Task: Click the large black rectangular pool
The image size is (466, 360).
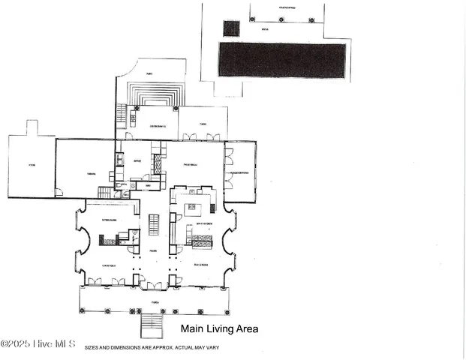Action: (282, 59)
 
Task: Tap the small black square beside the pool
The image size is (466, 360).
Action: (230, 28)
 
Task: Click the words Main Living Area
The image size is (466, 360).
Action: (220, 328)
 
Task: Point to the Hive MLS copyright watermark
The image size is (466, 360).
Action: (38, 344)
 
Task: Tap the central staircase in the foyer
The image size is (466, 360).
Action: (154, 224)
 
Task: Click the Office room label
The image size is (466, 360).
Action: (137, 161)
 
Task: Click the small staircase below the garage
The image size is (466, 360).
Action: (104, 193)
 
